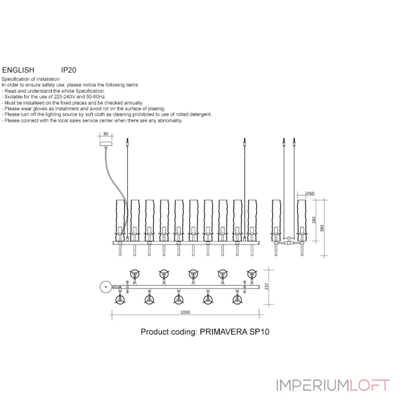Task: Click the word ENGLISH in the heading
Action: click(x=18, y=70)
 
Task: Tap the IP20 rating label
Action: click(x=69, y=70)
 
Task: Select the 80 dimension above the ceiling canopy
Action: click(x=106, y=134)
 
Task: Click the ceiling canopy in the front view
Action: click(x=106, y=145)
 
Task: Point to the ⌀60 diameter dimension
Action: click(x=310, y=193)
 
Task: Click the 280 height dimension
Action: click(x=314, y=219)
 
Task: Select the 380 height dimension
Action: click(x=322, y=228)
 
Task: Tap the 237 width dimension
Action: click(x=266, y=286)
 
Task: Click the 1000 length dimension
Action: click(x=185, y=312)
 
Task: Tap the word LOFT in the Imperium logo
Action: click(x=370, y=385)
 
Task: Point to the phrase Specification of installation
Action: click(x=31, y=79)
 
